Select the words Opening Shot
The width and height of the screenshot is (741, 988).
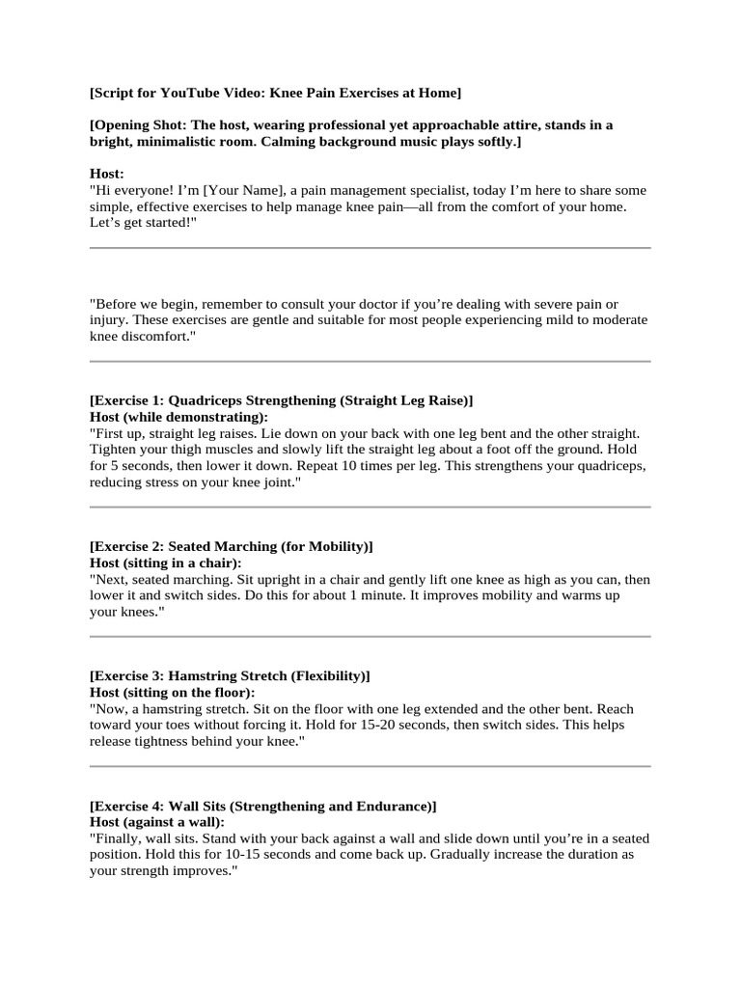click(x=141, y=125)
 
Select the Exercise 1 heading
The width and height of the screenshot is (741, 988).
click(x=281, y=400)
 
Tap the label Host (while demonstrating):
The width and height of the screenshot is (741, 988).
click(x=178, y=417)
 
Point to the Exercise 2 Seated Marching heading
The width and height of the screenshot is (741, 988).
click(x=231, y=546)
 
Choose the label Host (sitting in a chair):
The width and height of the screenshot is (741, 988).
click(x=165, y=563)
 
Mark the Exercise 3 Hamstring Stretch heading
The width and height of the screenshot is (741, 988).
click(x=230, y=675)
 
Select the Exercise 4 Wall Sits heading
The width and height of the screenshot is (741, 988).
click(x=262, y=806)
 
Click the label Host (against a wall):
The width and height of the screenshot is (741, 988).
click(x=156, y=822)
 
